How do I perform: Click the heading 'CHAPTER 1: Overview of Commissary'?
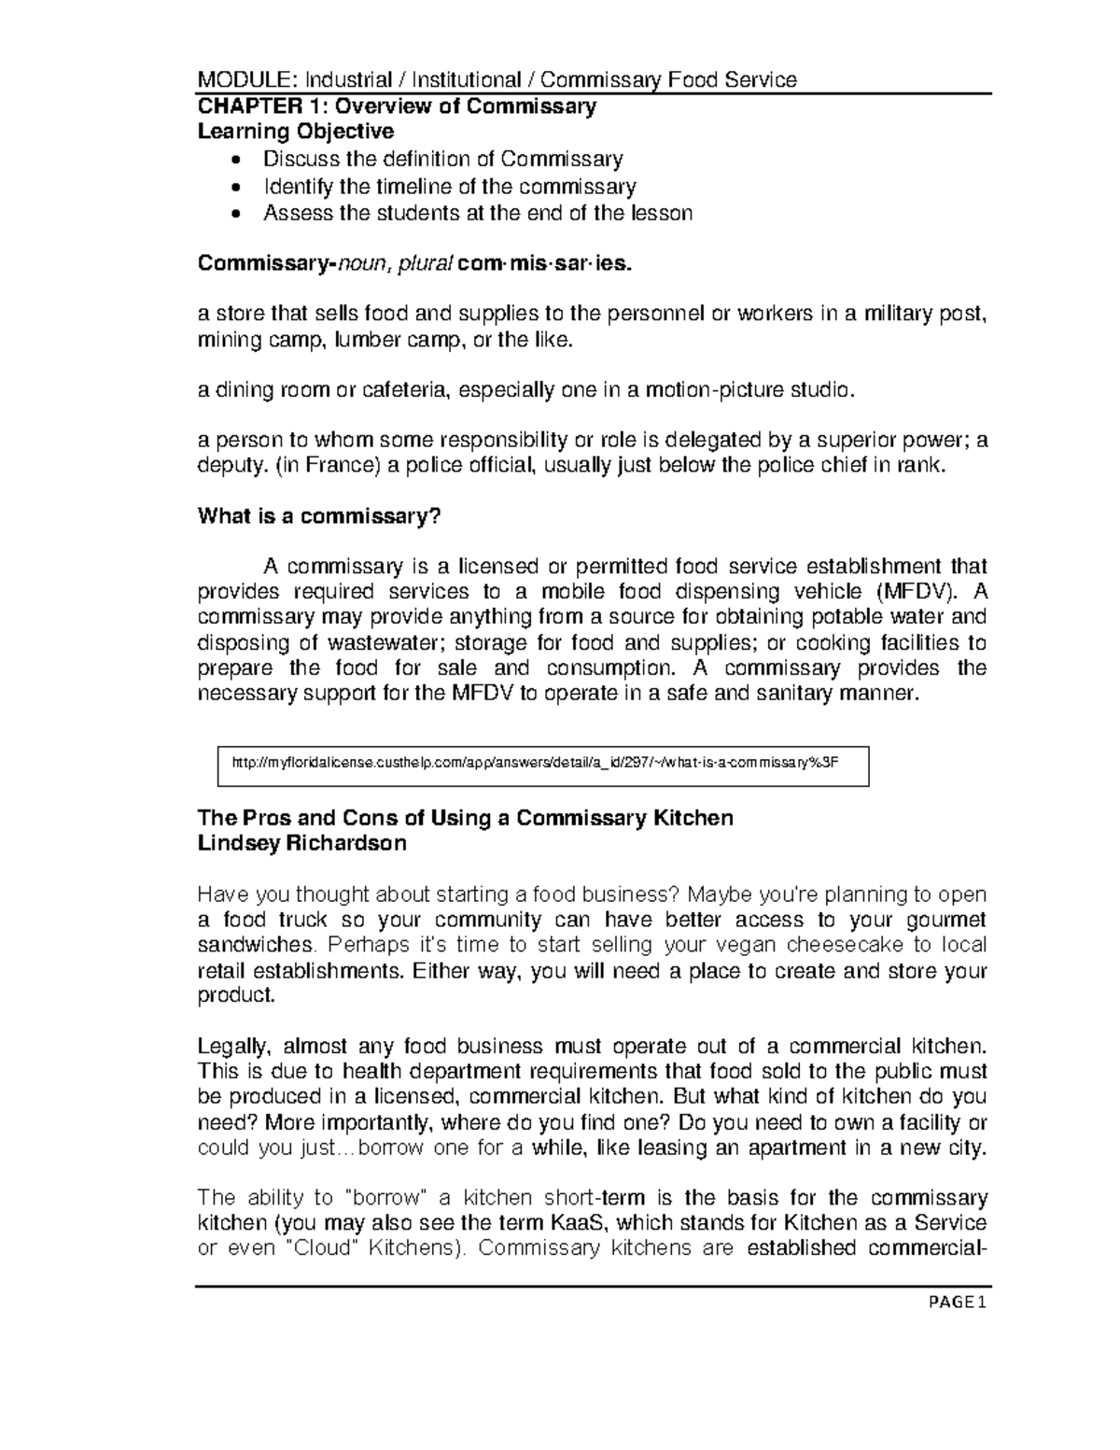point(397,106)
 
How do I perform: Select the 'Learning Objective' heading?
point(296,131)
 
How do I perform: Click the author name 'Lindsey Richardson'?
point(302,844)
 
